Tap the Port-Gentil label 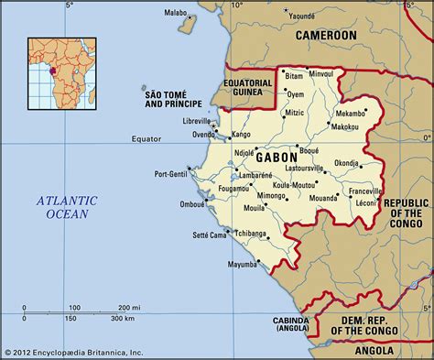click(x=172, y=173)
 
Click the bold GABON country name click(x=277, y=158)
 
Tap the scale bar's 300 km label click(x=122, y=319)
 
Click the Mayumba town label click(x=230, y=264)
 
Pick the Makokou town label click(x=343, y=125)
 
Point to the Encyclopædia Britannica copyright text click(x=73, y=352)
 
